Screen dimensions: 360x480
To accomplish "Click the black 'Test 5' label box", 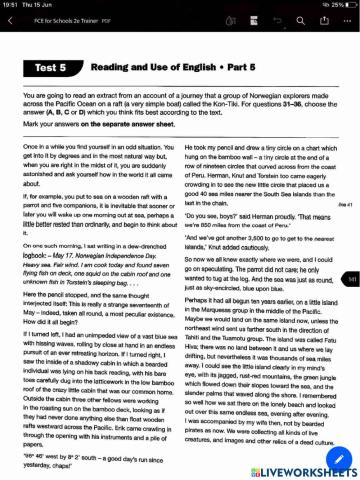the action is coord(50,67).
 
